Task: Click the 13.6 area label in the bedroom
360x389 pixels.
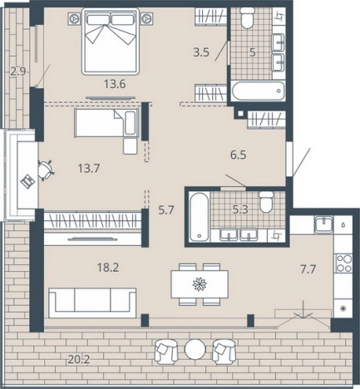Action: coord(115,84)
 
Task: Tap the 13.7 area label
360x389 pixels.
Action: coord(89,168)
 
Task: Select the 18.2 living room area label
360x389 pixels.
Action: coord(108,268)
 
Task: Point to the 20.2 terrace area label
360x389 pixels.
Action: coord(79,360)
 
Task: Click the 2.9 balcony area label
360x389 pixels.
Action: coord(18,71)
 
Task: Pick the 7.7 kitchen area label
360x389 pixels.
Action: coord(308,268)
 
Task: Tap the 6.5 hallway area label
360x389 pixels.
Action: coord(239,155)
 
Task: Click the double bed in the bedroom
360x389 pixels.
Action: coord(111,42)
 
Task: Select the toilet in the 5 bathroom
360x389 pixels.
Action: coord(247,17)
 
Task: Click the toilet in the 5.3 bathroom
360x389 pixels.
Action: coord(266,202)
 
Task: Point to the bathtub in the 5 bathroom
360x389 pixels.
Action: coord(259,91)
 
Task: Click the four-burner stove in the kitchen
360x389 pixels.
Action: coord(344,263)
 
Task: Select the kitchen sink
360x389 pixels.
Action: coord(323,224)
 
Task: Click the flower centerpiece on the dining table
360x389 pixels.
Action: coord(200,284)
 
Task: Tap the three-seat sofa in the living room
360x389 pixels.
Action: coord(92,303)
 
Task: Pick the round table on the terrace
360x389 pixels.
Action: coord(195,349)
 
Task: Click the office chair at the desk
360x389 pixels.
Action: coord(46,170)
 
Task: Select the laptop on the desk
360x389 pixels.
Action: coord(27,181)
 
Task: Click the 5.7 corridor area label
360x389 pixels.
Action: coord(166,210)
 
